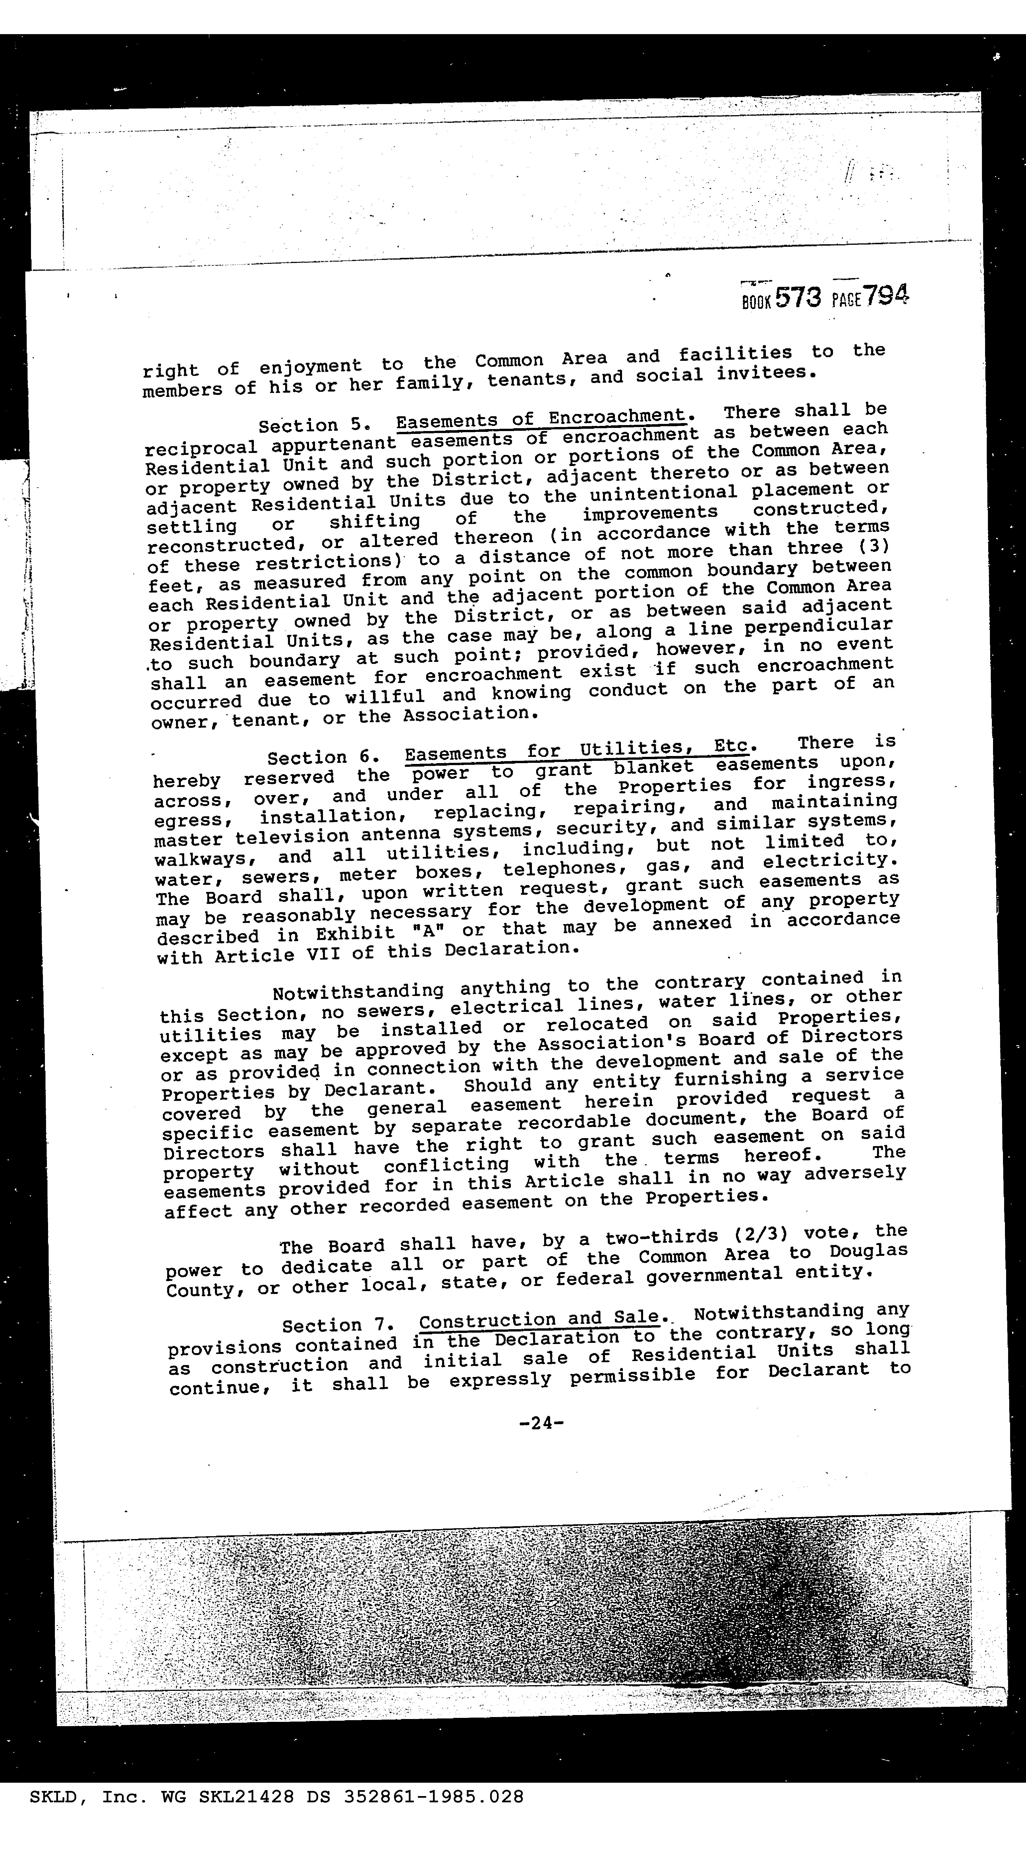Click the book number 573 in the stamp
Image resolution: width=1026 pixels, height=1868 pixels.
(798, 297)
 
